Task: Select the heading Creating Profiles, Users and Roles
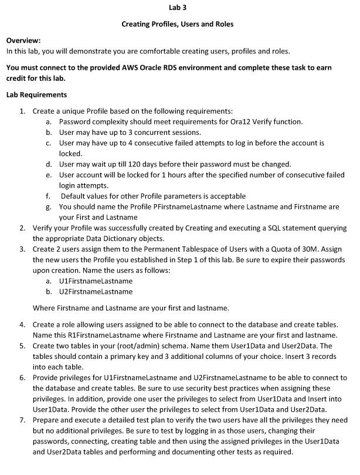pos(177,24)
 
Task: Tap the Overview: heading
pos(23,40)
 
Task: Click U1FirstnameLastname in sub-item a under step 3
pos(96,281)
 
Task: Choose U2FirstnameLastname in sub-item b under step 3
pos(96,291)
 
